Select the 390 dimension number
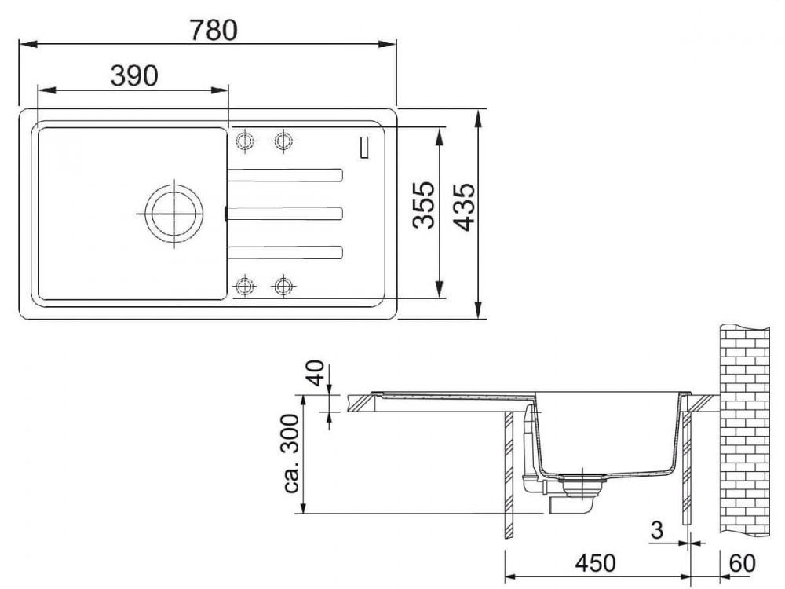click(134, 75)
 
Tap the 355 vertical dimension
click(424, 205)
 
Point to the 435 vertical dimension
click(466, 207)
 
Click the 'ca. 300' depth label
click(291, 454)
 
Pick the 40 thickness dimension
click(316, 373)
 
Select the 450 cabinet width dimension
click(595, 563)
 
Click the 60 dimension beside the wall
click(743, 563)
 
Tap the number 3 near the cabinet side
click(657, 530)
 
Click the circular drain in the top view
click(173, 214)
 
